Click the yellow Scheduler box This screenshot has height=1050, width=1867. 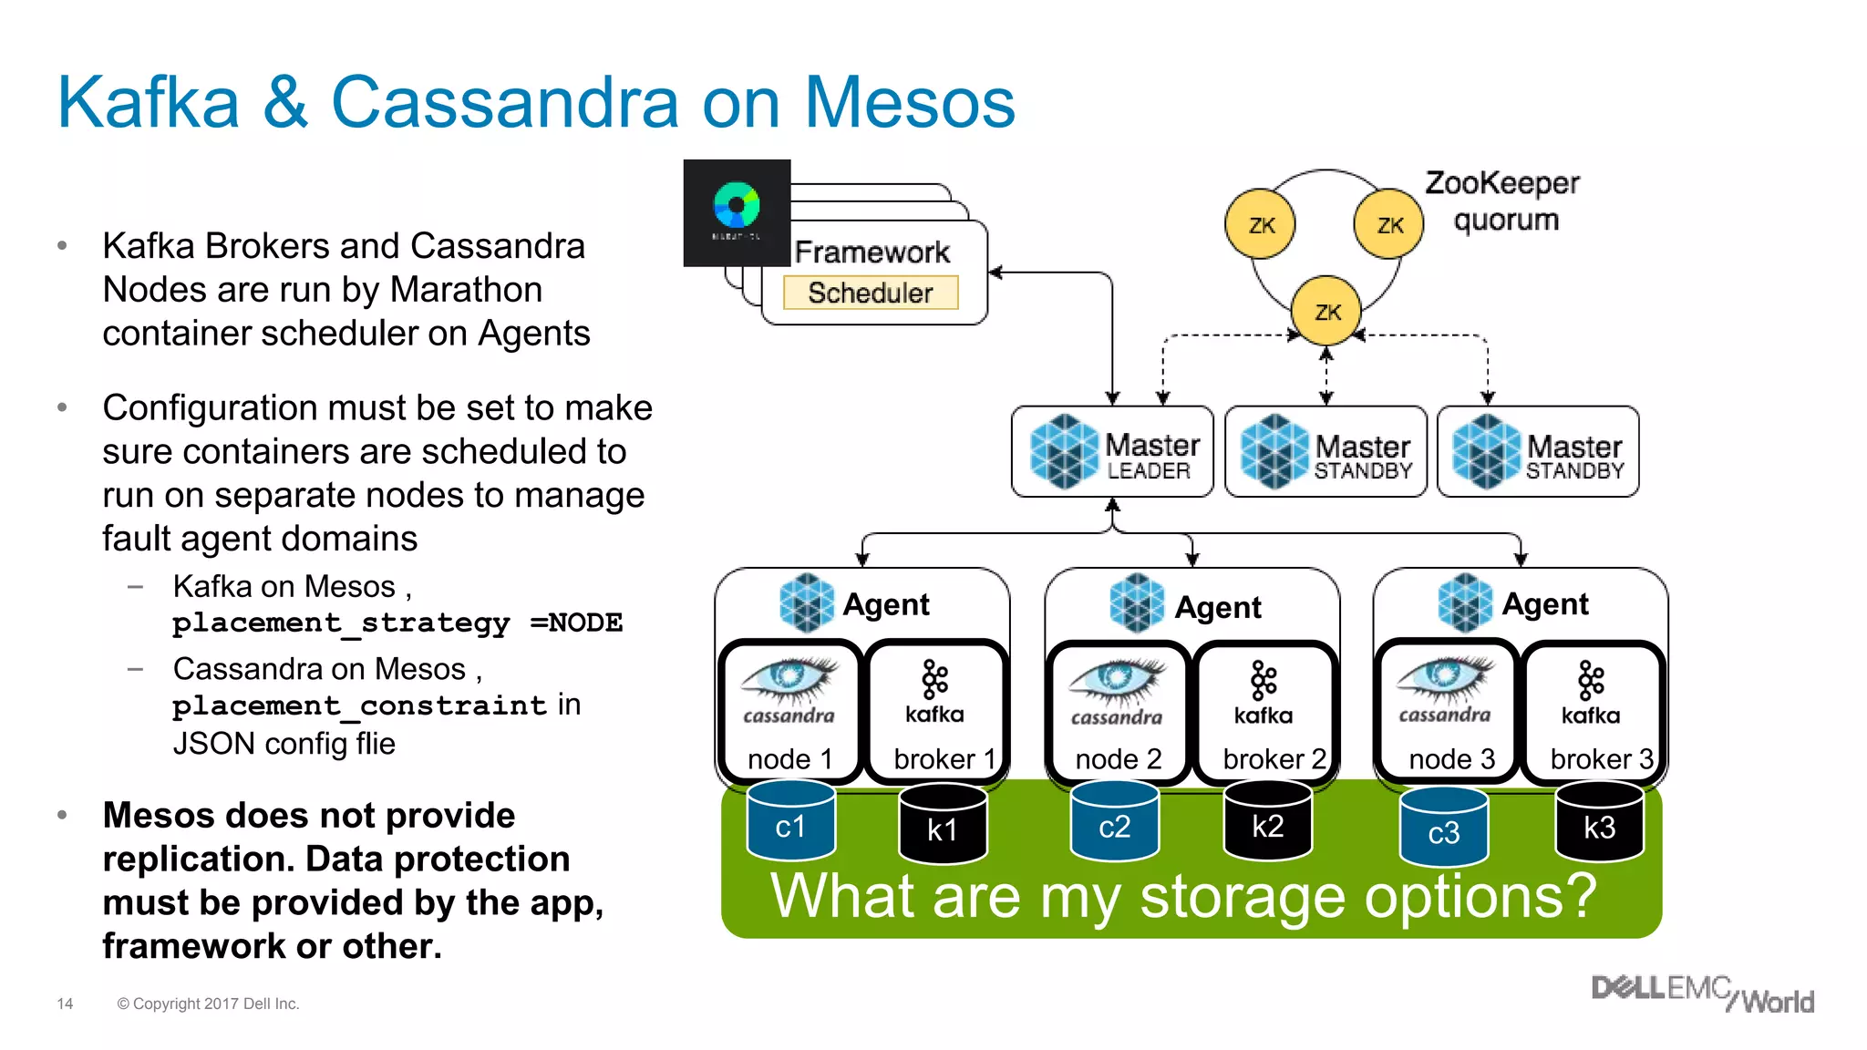pyautogui.click(x=871, y=293)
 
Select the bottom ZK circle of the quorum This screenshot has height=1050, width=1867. pyautogui.click(x=1327, y=312)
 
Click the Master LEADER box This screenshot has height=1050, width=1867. pyautogui.click(x=1112, y=452)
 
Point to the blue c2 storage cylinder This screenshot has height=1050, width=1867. pyautogui.click(x=1114, y=823)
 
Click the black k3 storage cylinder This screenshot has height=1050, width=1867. pyautogui.click(x=1599, y=824)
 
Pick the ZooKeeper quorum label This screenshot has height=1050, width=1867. pyautogui.click(x=1503, y=201)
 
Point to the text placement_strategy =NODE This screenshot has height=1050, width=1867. pyautogui.click(x=397, y=623)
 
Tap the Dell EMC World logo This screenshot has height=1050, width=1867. pyautogui.click(x=1702, y=993)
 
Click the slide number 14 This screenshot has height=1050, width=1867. pyautogui.click(x=65, y=1004)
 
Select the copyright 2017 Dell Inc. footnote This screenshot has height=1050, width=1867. pyautogui.click(x=208, y=1004)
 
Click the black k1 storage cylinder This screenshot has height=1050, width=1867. pyautogui.click(x=943, y=826)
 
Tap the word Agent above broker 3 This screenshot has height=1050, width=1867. pyautogui.click(x=1545, y=604)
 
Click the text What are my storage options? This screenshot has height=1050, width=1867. pyautogui.click(x=1183, y=897)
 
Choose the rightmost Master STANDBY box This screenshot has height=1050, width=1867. pyautogui.click(x=1538, y=452)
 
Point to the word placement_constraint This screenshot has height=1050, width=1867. pyautogui.click(x=359, y=705)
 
